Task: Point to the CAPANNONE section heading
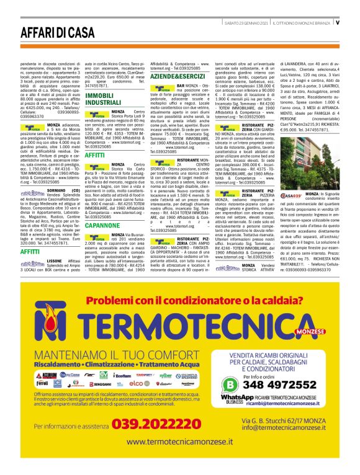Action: (102, 226)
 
